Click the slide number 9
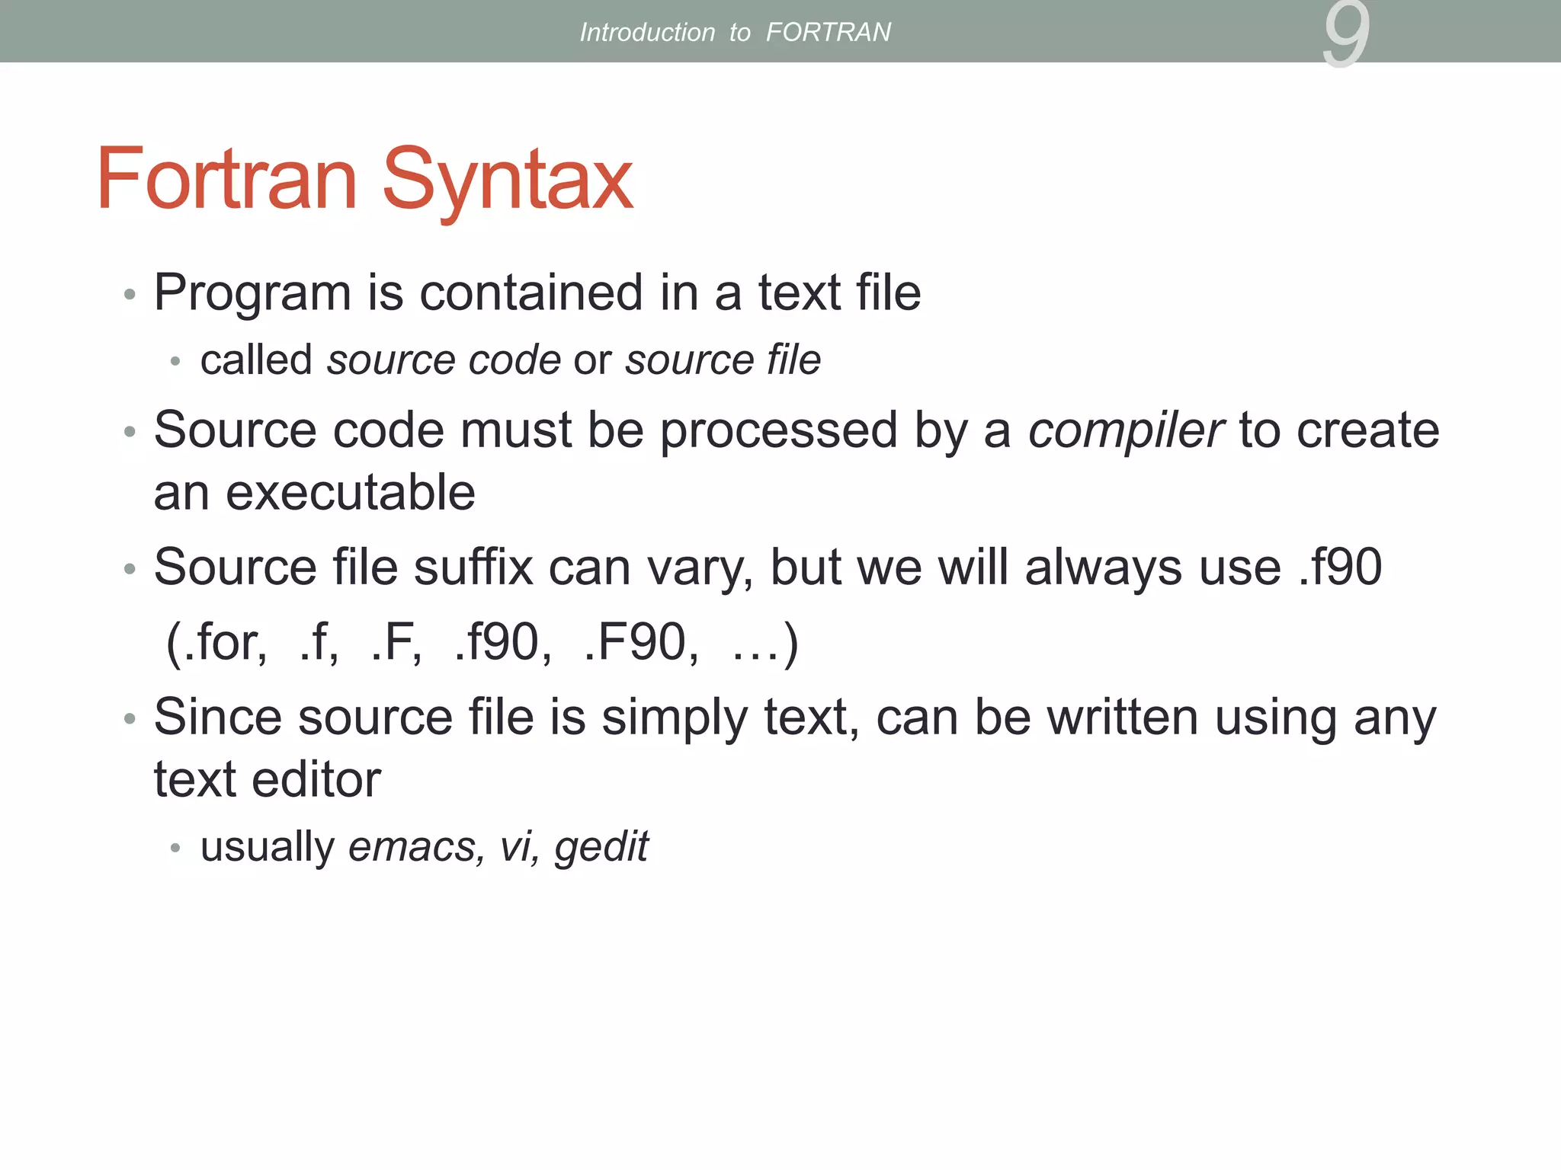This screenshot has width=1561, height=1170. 1346,34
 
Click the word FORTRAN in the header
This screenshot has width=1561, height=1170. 828,32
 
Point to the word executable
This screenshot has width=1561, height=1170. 351,493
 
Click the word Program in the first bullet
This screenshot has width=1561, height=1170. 252,293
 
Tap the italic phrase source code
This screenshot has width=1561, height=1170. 444,360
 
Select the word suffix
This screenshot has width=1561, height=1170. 473,567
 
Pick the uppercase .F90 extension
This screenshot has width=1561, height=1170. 639,642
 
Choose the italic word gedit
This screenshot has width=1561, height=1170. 601,847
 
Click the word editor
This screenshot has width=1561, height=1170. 316,780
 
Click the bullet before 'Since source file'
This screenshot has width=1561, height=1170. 130,719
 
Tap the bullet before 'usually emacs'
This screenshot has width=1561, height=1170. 176,848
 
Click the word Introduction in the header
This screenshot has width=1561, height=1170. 647,32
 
